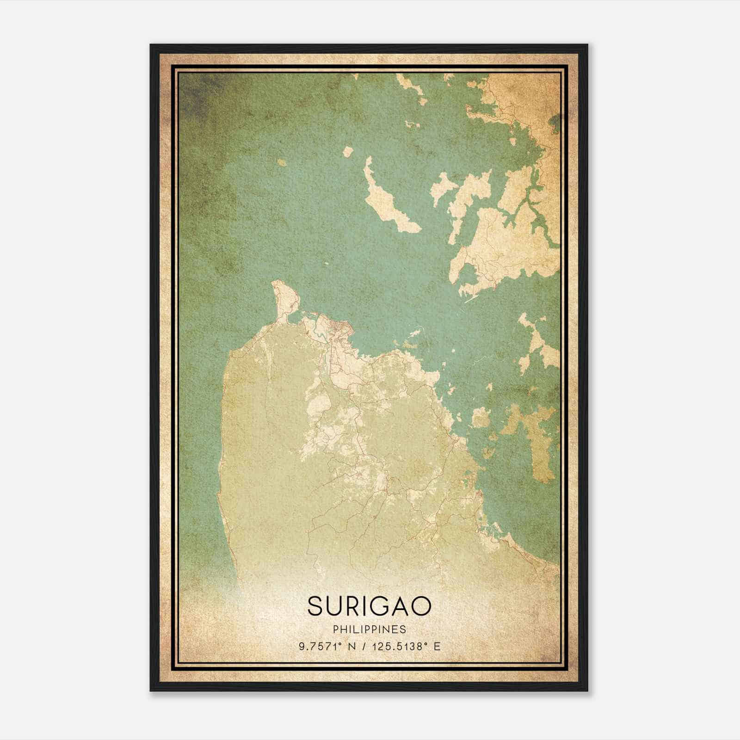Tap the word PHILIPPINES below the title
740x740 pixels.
point(369,629)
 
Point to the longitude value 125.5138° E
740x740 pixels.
point(400,646)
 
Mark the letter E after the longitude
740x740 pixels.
point(437,646)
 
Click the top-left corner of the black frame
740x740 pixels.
point(151,45)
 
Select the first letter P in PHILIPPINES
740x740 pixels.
point(335,629)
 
